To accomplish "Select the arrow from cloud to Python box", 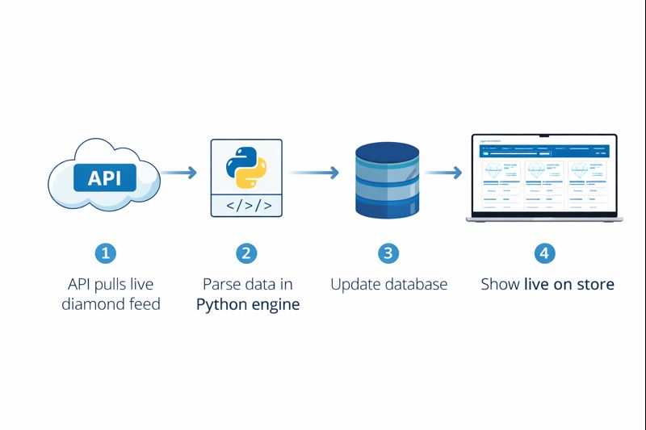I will click(178, 172).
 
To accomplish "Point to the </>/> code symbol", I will click(246, 206).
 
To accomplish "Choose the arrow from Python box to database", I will click(313, 172).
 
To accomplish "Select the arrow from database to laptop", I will click(443, 172).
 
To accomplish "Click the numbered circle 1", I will click(106, 253).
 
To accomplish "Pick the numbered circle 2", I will click(246, 253).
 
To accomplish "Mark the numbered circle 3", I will click(388, 253).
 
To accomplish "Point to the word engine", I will click(276, 305).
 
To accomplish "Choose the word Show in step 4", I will click(500, 285).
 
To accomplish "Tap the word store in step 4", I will click(597, 285).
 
